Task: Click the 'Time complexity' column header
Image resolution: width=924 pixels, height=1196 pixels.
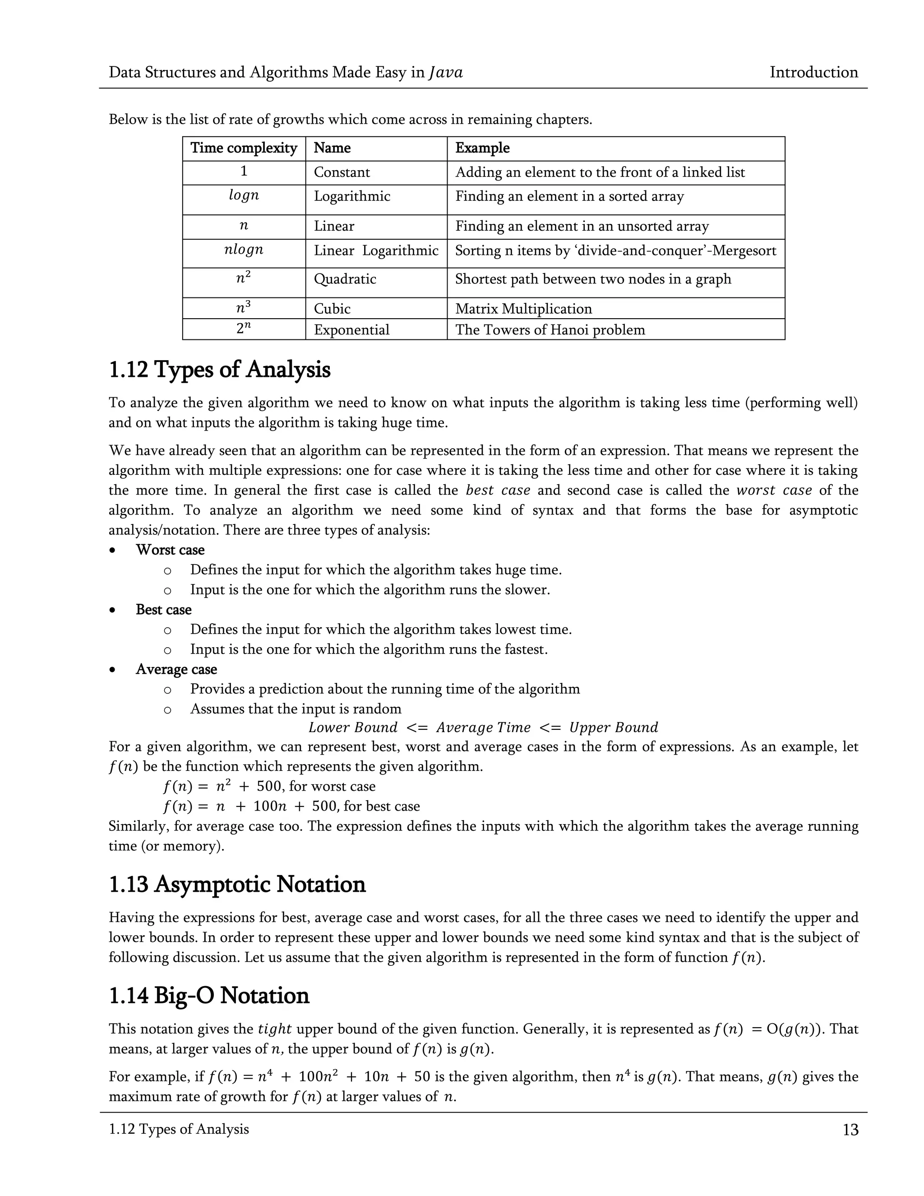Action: point(244,148)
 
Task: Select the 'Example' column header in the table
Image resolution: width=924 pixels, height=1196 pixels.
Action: point(482,148)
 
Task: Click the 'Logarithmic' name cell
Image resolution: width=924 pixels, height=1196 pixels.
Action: point(352,197)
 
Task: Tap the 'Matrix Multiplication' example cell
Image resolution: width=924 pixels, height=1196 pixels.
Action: point(523,309)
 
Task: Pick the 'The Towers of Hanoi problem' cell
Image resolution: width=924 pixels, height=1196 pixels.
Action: point(550,329)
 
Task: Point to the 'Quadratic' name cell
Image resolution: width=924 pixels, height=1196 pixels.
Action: point(345,279)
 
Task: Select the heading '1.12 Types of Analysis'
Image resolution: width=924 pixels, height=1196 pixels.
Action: point(220,370)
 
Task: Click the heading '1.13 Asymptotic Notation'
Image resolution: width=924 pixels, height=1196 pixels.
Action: point(237,885)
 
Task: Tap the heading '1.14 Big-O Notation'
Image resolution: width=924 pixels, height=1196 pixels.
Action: point(209,996)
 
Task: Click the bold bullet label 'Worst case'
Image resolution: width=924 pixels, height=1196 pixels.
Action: point(170,550)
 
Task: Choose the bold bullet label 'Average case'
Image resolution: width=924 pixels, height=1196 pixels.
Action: point(176,669)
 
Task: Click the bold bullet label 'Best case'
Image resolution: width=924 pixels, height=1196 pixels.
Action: point(163,609)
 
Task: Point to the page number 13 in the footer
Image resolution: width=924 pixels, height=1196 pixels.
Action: point(850,1130)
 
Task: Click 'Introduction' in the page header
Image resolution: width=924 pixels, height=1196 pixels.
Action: point(813,72)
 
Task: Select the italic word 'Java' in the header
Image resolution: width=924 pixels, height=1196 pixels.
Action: point(446,72)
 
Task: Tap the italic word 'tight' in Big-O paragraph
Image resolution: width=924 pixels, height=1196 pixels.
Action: point(274,1029)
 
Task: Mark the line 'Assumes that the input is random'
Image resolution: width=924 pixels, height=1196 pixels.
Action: point(296,709)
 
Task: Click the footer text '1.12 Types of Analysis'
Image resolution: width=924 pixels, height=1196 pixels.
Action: point(179,1129)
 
